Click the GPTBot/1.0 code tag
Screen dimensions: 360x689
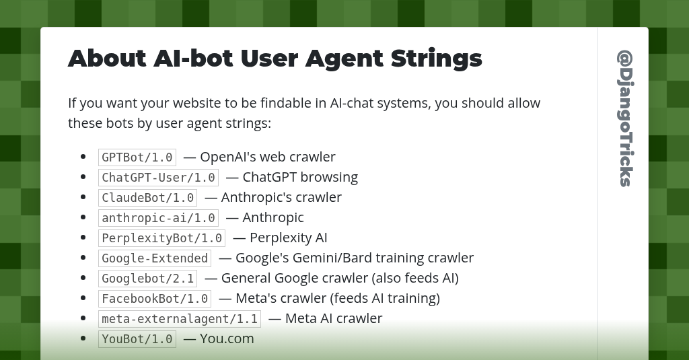(x=137, y=157)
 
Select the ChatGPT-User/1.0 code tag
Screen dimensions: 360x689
(x=158, y=178)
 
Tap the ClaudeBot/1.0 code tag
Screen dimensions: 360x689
(x=148, y=198)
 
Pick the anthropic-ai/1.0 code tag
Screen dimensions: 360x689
(x=158, y=218)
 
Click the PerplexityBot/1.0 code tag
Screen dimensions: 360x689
(x=161, y=238)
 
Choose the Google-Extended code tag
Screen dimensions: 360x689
(x=155, y=258)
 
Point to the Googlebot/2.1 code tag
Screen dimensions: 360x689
(x=148, y=279)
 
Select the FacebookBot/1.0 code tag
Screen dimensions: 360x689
(x=155, y=299)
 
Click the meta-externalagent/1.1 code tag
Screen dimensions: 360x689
(x=180, y=319)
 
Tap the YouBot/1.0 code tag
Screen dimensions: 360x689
(x=137, y=339)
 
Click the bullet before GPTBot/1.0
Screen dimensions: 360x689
(x=83, y=157)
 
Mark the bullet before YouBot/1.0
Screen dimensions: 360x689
(x=83, y=338)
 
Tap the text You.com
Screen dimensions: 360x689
(x=227, y=338)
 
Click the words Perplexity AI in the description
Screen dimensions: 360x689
(x=288, y=238)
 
